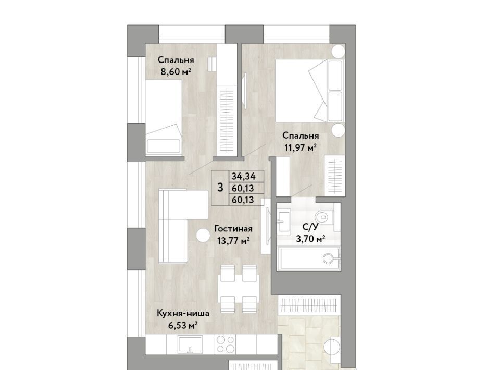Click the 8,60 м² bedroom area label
tap(176, 72)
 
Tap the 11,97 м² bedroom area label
tap(301, 147)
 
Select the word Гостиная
tap(233, 229)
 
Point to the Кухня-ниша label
tap(183, 313)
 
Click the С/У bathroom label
tap(310, 227)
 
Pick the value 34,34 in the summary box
tap(244, 176)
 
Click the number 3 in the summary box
tap(220, 188)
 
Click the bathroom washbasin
tap(283, 220)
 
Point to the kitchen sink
tap(190, 344)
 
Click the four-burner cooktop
tap(226, 344)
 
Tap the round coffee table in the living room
tap(203, 236)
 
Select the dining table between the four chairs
tap(239, 289)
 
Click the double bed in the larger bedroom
tap(310, 91)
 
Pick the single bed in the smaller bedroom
tap(164, 117)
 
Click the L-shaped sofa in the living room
tap(179, 223)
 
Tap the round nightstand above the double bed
tap(338, 51)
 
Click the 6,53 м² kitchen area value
tap(183, 325)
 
